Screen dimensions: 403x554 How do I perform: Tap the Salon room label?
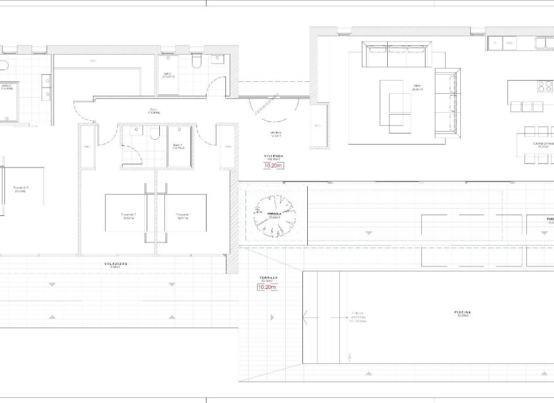click(416, 87)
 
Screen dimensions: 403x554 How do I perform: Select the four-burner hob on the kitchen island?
click(543, 85)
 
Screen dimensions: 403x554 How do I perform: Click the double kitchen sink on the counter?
click(543, 43)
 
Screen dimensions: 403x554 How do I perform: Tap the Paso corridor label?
click(154, 112)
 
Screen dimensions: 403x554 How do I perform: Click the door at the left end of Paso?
click(82, 111)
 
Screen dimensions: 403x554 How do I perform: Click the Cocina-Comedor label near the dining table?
click(543, 142)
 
